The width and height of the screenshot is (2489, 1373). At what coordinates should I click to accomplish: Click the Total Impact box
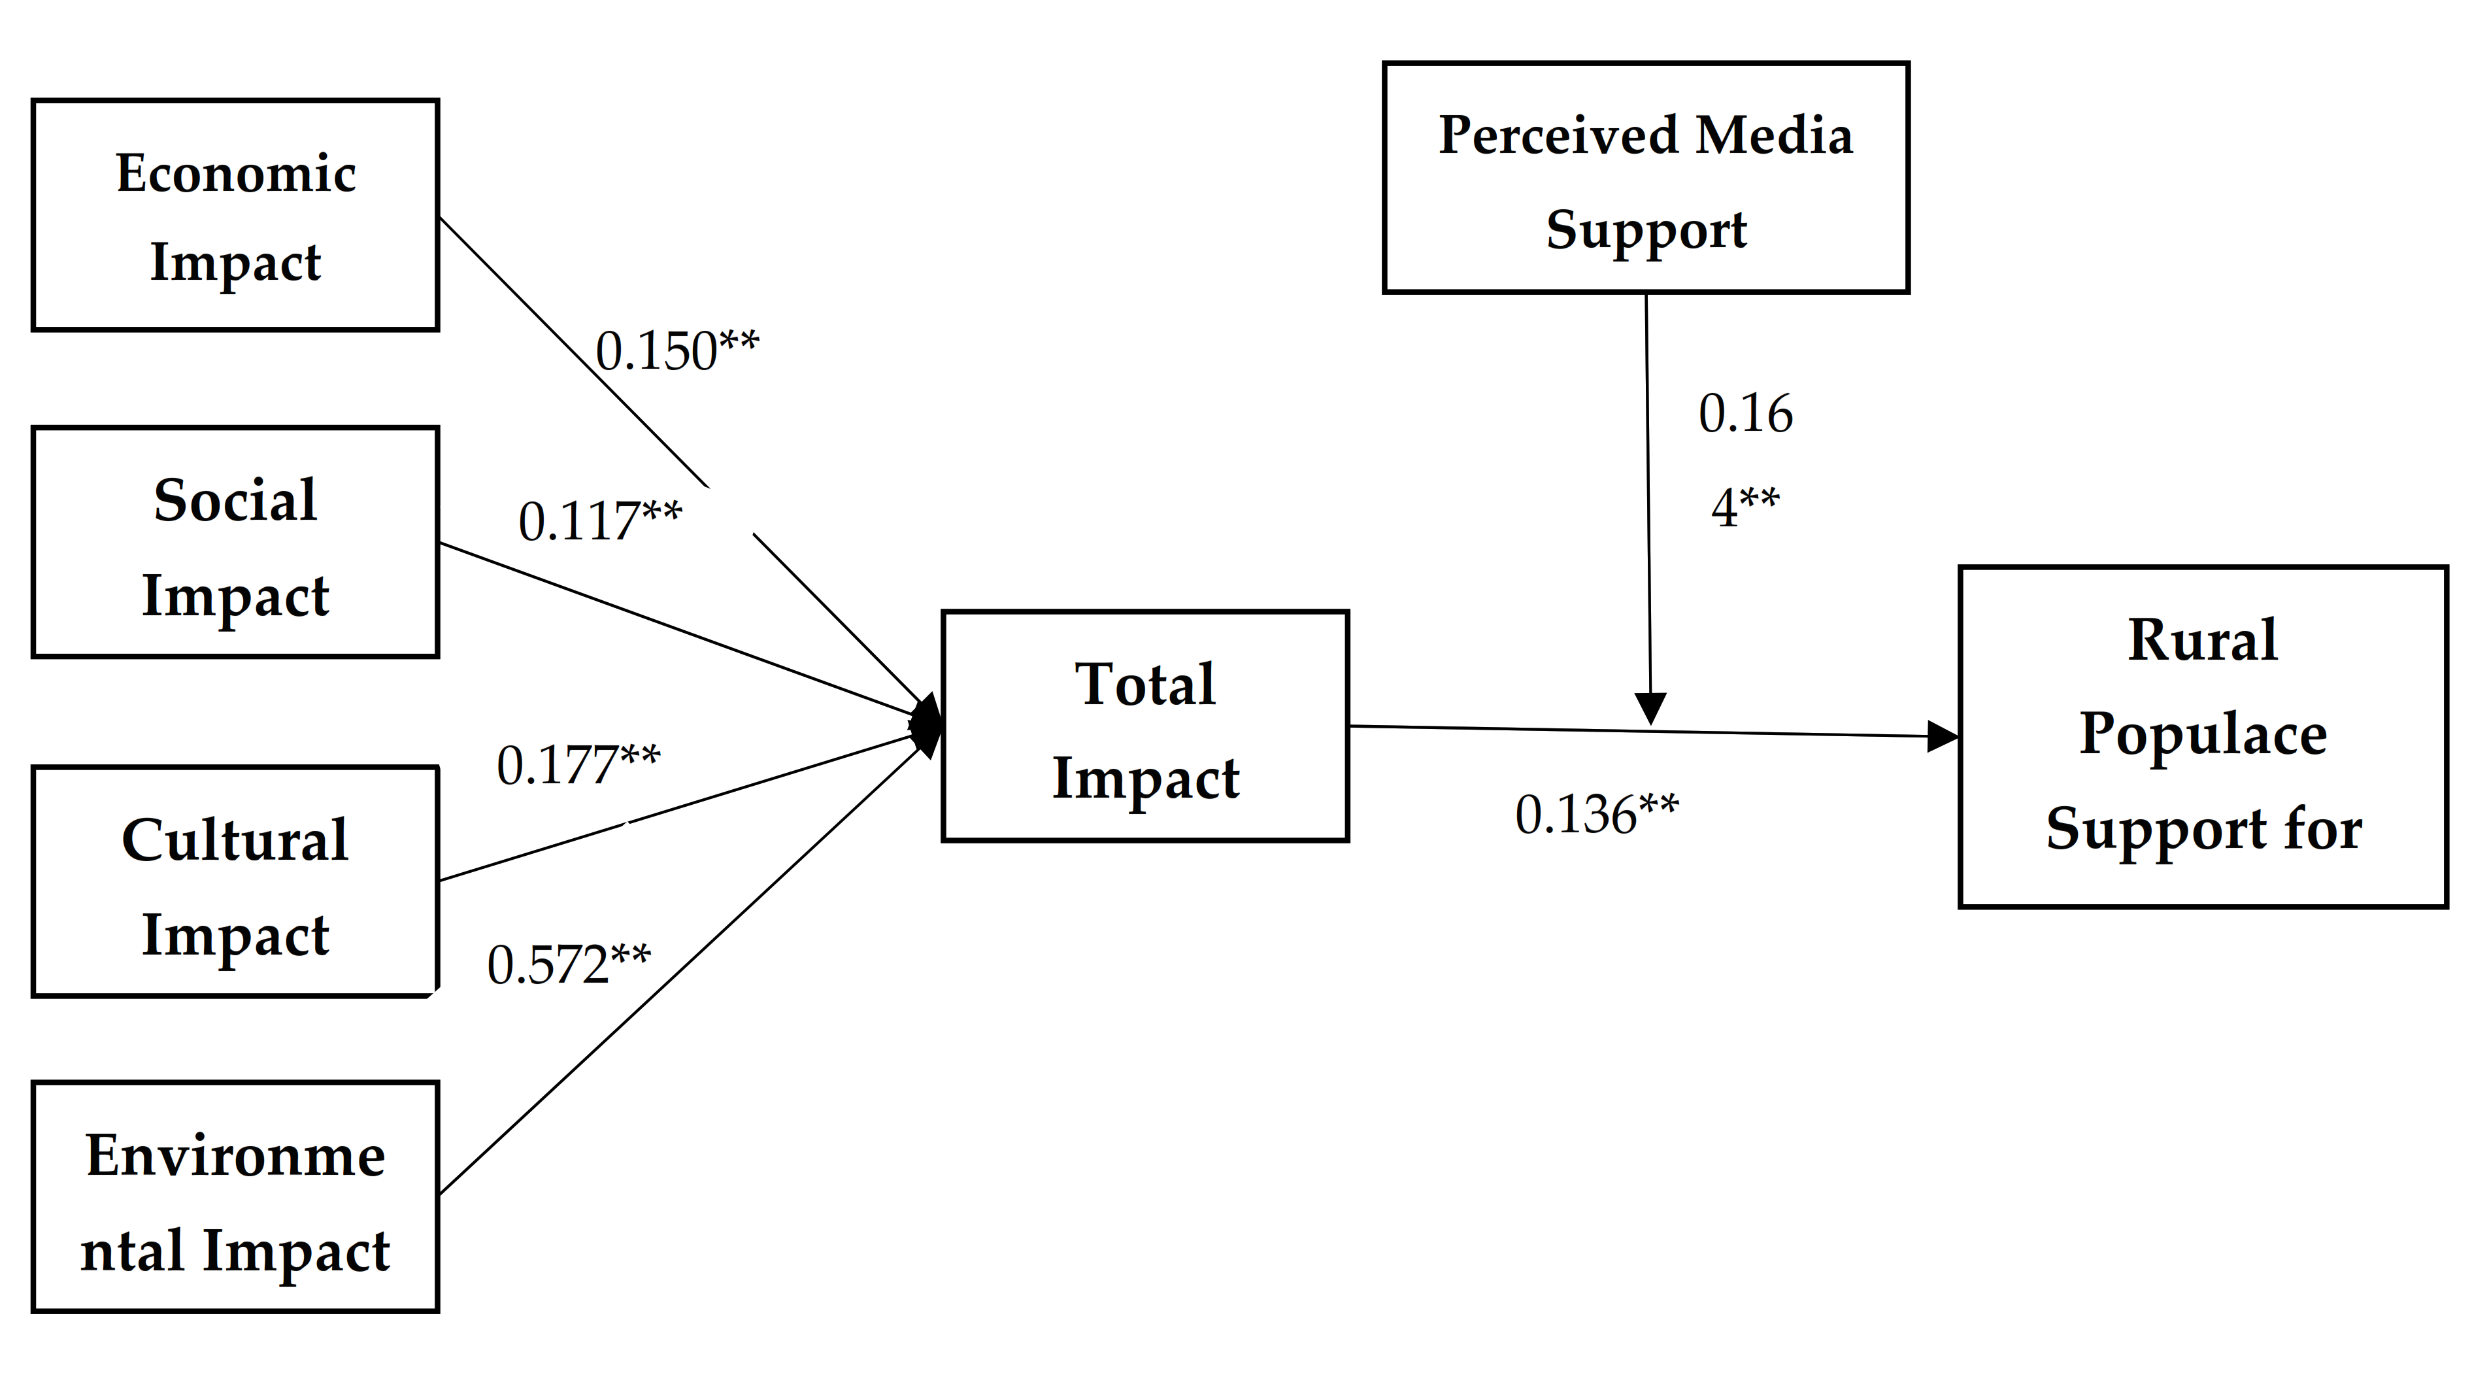tap(1145, 726)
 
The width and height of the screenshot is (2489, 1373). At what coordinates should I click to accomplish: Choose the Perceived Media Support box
tap(1645, 178)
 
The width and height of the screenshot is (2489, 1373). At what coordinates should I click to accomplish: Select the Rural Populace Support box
tap(2203, 736)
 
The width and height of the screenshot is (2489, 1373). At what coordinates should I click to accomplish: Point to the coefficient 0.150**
tap(677, 350)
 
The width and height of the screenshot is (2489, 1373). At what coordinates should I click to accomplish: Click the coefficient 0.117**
tap(599, 522)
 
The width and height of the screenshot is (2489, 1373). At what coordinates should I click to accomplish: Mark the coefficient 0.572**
tap(568, 965)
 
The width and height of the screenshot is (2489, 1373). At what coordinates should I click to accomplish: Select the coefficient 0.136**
tap(1596, 815)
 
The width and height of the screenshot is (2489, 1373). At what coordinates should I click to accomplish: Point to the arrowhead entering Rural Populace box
tap(1942, 736)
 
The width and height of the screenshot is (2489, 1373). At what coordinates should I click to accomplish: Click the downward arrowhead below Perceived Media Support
tap(1651, 708)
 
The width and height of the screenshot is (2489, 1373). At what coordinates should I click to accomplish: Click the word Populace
tap(2203, 734)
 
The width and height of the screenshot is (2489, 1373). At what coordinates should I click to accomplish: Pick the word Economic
tap(236, 174)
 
